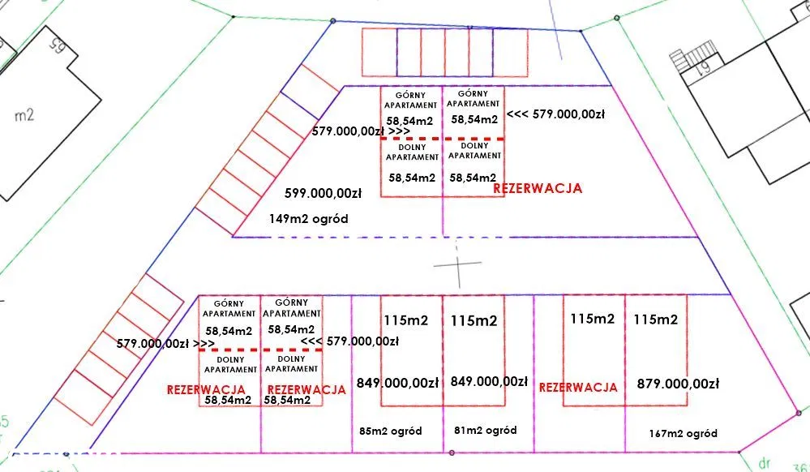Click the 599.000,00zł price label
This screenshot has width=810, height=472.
[x=323, y=193]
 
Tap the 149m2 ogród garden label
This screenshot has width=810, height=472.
[x=308, y=219]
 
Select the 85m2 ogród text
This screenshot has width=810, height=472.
[x=391, y=431]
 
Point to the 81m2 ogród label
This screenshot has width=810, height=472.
[x=485, y=430]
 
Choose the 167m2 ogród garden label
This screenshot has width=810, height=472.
[x=683, y=434]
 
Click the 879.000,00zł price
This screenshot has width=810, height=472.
[x=678, y=384]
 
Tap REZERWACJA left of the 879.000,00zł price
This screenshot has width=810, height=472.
[x=578, y=387]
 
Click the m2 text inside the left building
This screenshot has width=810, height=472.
[x=24, y=114]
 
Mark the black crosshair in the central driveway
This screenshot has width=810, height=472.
[x=457, y=264]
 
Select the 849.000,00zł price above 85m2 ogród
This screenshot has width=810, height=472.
[x=397, y=383]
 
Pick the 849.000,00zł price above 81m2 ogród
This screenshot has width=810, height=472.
[x=489, y=381]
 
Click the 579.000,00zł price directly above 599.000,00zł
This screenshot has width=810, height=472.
[x=361, y=131]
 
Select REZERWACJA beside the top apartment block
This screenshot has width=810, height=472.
[x=538, y=188]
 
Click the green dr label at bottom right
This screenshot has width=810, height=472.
[x=765, y=461]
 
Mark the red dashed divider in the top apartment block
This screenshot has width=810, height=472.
[x=442, y=139]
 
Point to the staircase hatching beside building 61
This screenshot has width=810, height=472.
[x=693, y=56]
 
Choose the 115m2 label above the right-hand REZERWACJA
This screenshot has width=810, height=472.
[x=593, y=319]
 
